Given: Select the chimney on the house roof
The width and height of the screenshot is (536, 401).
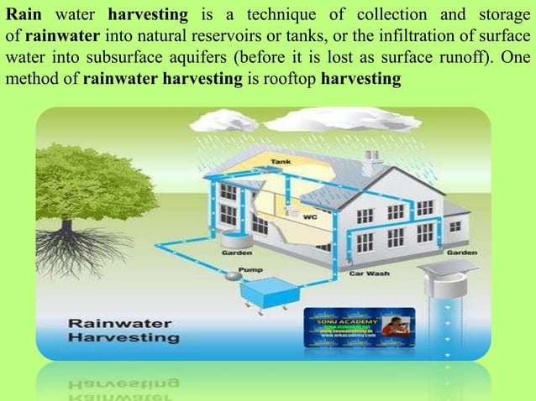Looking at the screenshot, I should (372, 159).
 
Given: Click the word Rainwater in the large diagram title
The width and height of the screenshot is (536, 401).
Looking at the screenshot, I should (119, 323).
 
